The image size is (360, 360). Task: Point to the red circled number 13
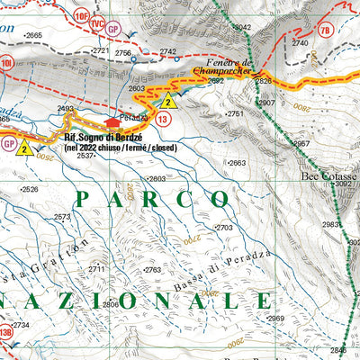(x=163, y=119)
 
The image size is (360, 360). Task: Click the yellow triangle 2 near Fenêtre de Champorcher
(x=167, y=101)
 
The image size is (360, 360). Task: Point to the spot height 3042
(x=241, y=28)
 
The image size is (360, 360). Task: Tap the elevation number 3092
(x=343, y=184)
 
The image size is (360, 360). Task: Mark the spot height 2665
(x=32, y=35)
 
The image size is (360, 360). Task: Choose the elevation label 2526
(x=29, y=189)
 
